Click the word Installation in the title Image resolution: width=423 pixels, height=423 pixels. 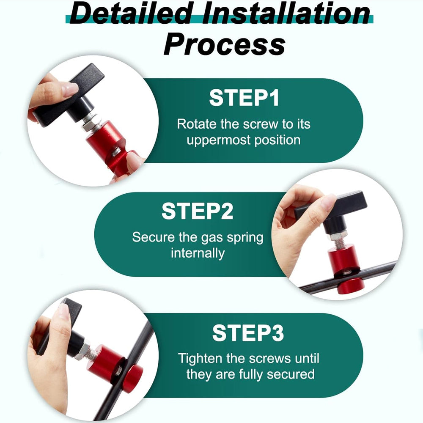[x=286, y=14]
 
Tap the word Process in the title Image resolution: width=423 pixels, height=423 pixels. [x=225, y=44]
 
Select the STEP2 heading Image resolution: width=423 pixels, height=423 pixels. [x=198, y=211]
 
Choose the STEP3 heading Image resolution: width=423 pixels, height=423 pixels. [x=248, y=333]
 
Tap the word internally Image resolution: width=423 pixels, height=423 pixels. [x=198, y=253]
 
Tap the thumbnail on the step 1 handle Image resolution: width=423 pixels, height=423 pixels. [x=70, y=88]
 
